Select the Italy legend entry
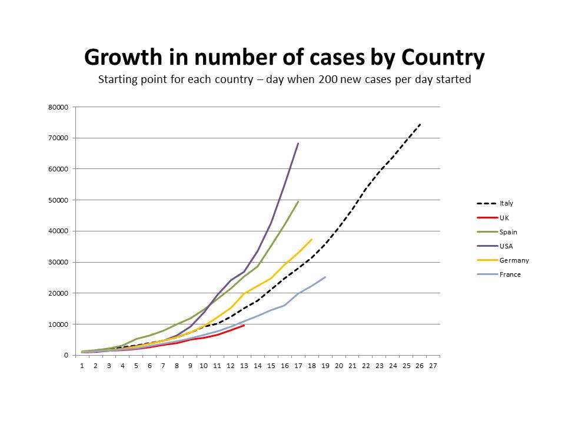pos(506,203)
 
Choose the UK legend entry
pos(504,217)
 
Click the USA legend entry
pos(505,246)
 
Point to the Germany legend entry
pos(514,260)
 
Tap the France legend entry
pos(510,274)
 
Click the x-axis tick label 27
pos(433,366)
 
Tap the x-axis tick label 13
pos(244,366)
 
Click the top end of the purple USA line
pos(298,143)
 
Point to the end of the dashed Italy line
pos(420,124)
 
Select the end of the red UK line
pos(244,325)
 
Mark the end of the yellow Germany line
pos(311,239)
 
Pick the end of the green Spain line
pos(298,201)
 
